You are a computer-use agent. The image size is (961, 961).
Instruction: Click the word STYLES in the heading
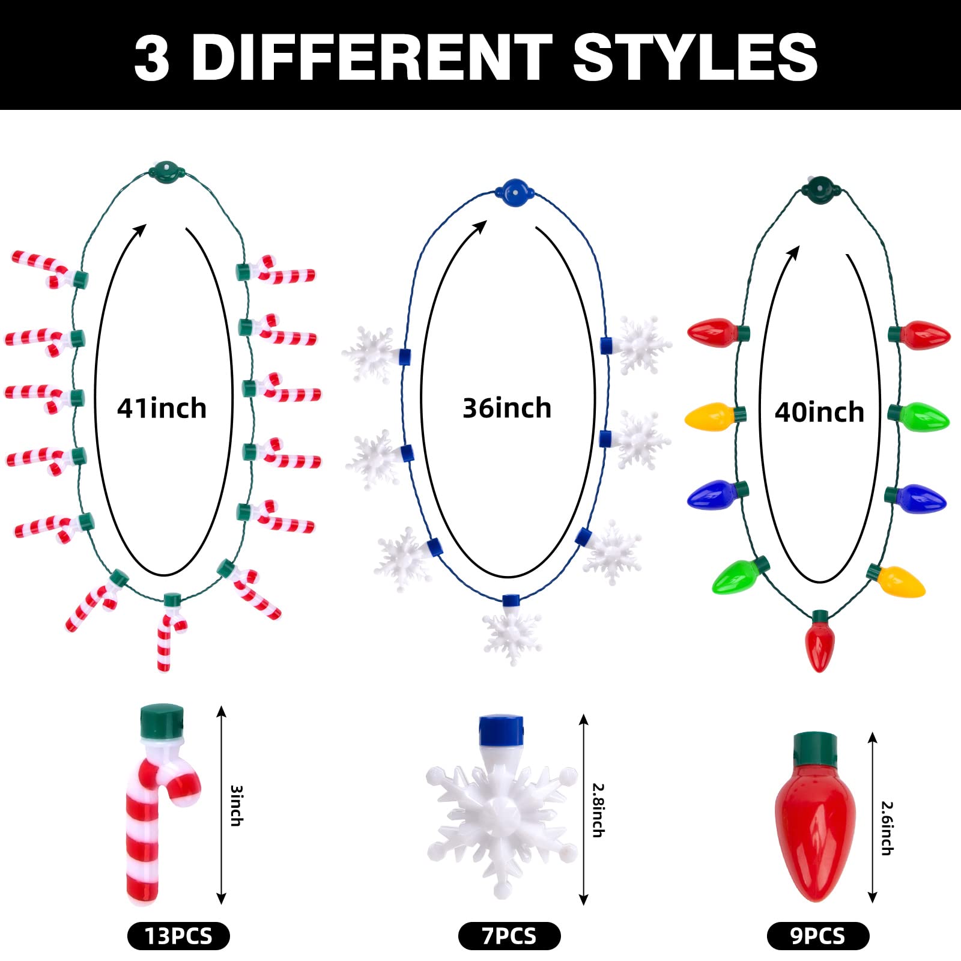pyautogui.click(x=695, y=57)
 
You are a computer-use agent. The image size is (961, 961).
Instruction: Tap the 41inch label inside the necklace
pyautogui.click(x=162, y=408)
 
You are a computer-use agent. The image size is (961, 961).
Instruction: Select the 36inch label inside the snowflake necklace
pyautogui.click(x=507, y=408)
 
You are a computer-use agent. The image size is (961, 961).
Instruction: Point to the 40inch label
pyautogui.click(x=819, y=413)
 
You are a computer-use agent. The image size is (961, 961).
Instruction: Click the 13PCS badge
pyautogui.click(x=178, y=936)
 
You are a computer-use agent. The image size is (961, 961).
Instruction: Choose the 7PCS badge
pyautogui.click(x=509, y=936)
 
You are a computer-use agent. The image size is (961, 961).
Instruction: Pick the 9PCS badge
pyautogui.click(x=817, y=936)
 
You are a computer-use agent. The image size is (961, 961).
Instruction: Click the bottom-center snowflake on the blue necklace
pyautogui.click(x=512, y=634)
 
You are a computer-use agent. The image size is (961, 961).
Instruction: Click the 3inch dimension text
pyautogui.click(x=237, y=805)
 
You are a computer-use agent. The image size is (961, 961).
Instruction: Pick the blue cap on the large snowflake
pyautogui.click(x=501, y=730)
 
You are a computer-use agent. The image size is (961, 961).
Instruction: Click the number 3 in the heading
pyautogui.click(x=151, y=58)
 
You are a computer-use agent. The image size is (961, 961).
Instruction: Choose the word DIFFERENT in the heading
pyautogui.click(x=371, y=57)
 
